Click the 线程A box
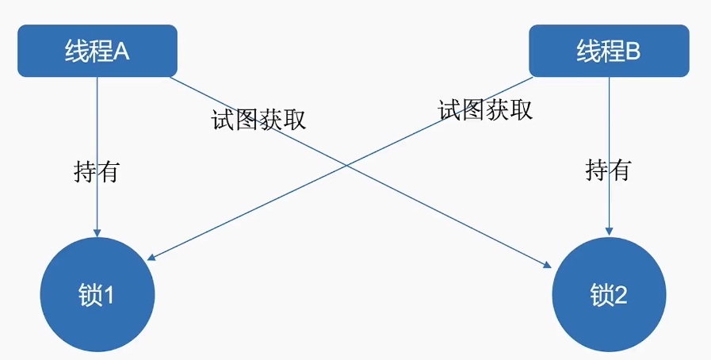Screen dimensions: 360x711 coord(97,51)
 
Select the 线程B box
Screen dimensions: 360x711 coord(608,51)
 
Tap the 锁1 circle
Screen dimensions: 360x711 coord(97,295)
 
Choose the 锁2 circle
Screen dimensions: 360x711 coord(608,295)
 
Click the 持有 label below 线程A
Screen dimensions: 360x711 coord(96,171)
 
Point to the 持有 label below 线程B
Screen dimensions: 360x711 coord(608,169)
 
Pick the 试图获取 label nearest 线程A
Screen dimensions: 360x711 coord(258,119)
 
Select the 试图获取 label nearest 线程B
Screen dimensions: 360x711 coord(485,110)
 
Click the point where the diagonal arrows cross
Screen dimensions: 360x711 coord(346,165)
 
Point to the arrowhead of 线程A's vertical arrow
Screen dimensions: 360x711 coord(97,232)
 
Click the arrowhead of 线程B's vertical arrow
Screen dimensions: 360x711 coord(608,231)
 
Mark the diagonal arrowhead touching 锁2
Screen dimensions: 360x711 coord(547,265)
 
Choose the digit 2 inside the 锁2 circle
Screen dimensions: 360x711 coord(620,296)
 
